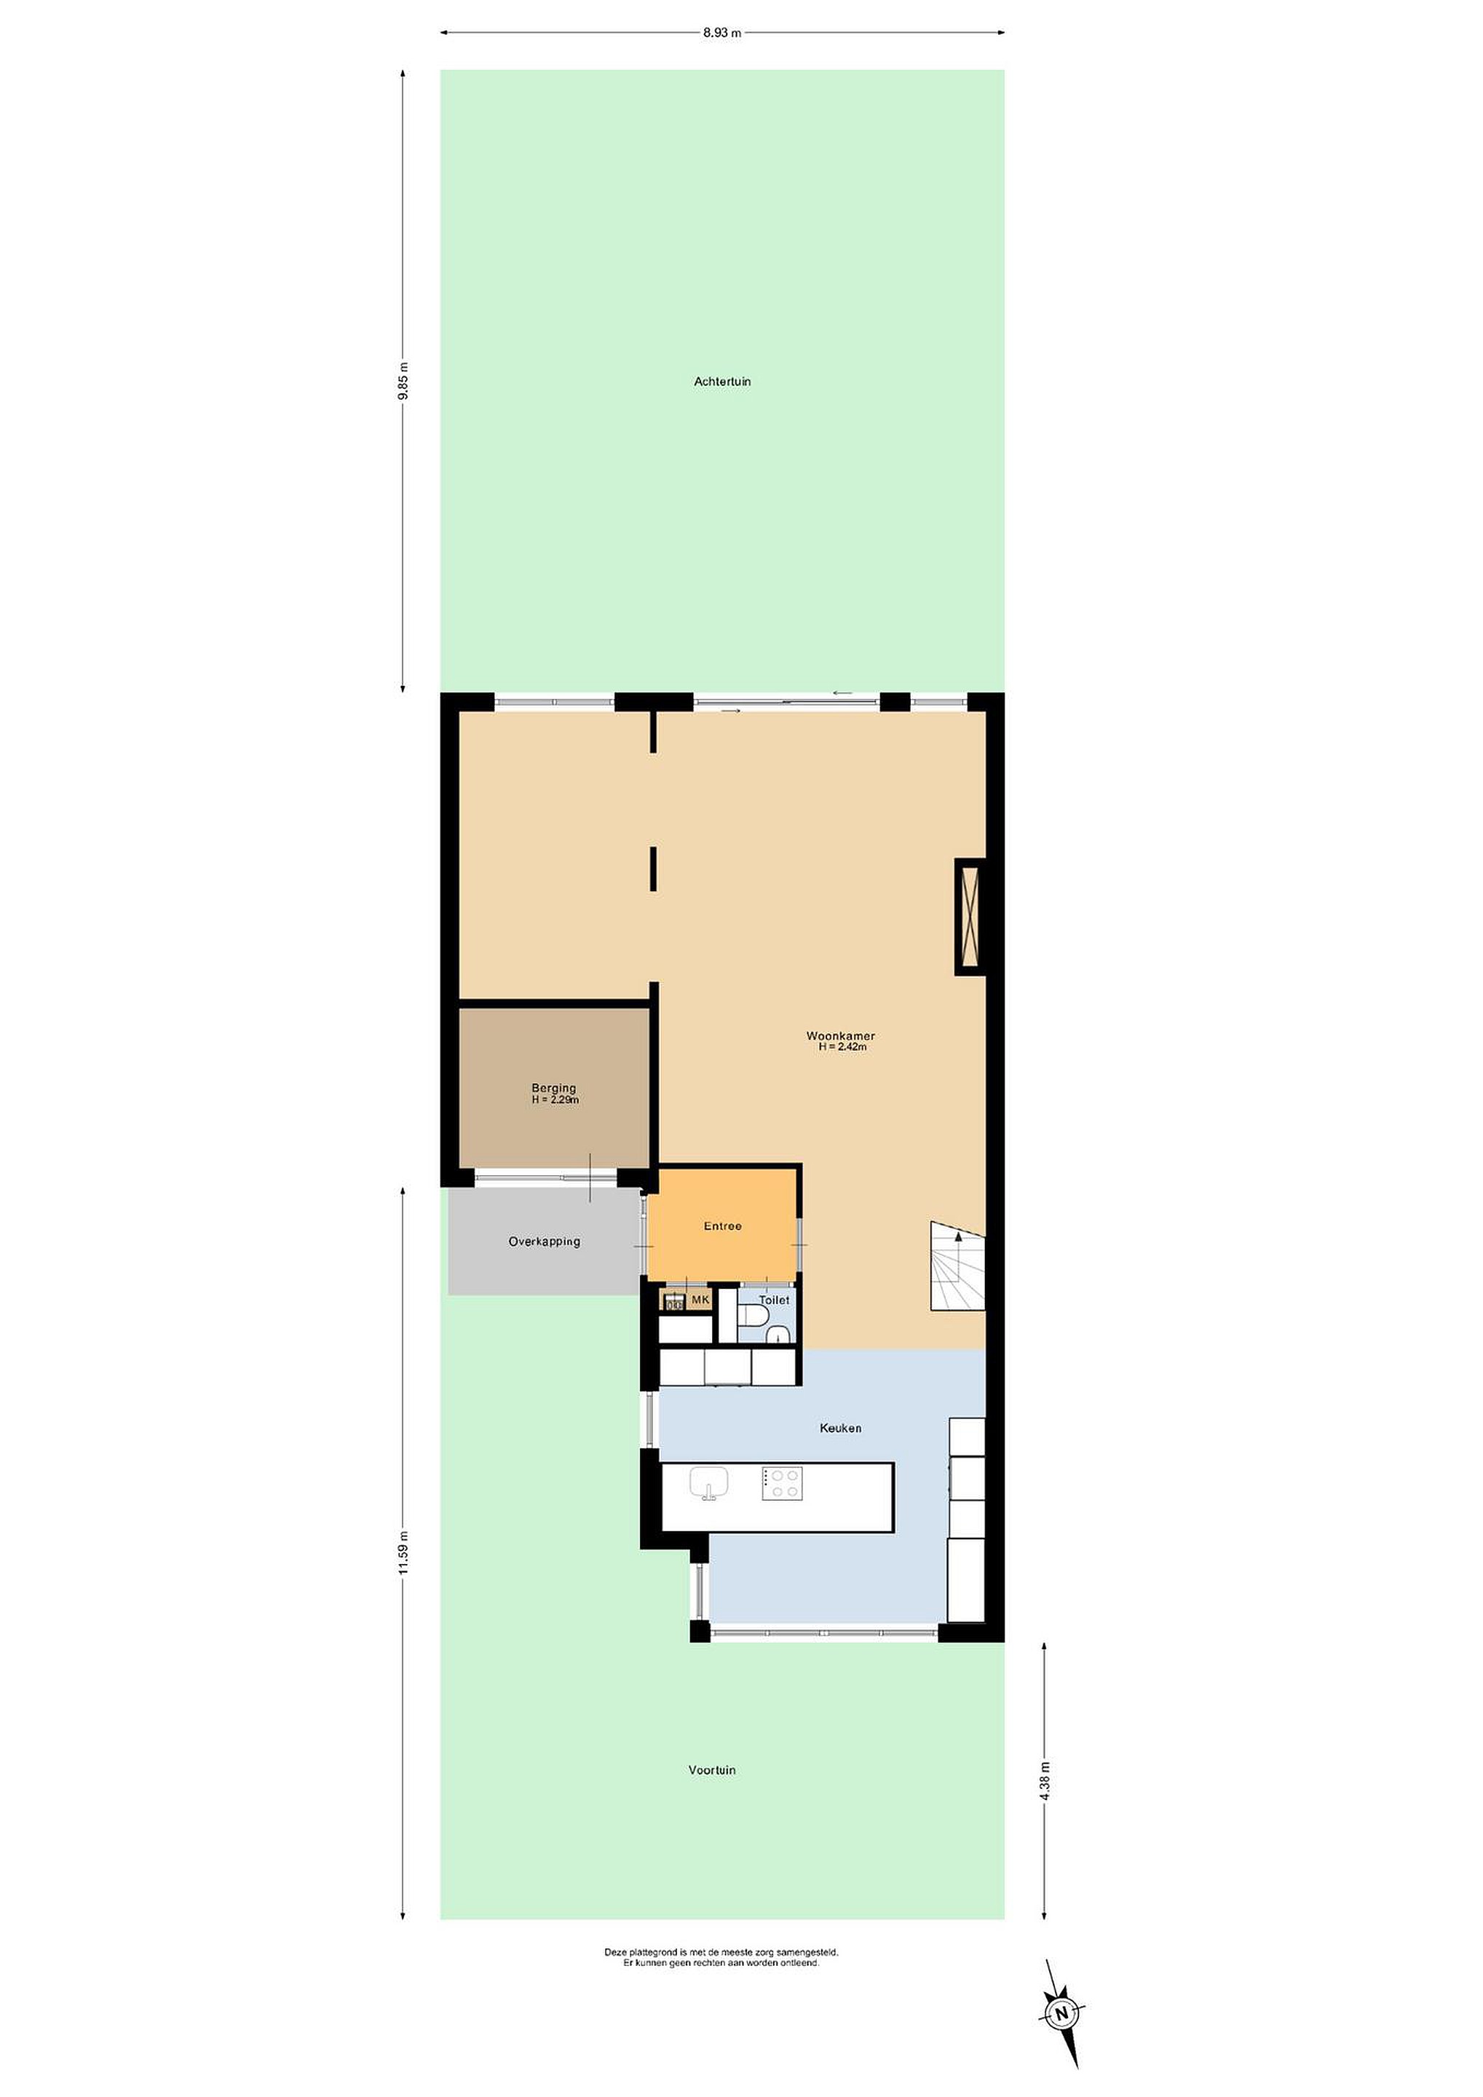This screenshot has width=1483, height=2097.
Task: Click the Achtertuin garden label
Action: tap(722, 382)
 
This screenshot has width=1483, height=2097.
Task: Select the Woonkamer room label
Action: tap(840, 1035)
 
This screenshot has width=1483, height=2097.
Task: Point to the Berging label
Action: tap(554, 1088)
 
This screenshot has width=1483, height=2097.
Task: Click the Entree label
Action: tap(722, 1225)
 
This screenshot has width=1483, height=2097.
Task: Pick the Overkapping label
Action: tap(545, 1241)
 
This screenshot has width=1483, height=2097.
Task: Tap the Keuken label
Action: tap(840, 1428)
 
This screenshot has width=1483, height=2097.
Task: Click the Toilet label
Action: tap(775, 1300)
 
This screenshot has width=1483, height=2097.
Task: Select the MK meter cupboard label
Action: tap(700, 1300)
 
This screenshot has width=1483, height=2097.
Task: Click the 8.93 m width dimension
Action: tap(722, 33)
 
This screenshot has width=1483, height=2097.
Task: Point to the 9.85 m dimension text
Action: tap(403, 381)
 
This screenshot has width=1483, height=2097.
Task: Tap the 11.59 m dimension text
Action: tap(403, 1552)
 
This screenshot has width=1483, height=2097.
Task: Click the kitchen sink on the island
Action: tap(708, 1483)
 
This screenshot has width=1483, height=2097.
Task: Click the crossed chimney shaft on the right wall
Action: tap(970, 916)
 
